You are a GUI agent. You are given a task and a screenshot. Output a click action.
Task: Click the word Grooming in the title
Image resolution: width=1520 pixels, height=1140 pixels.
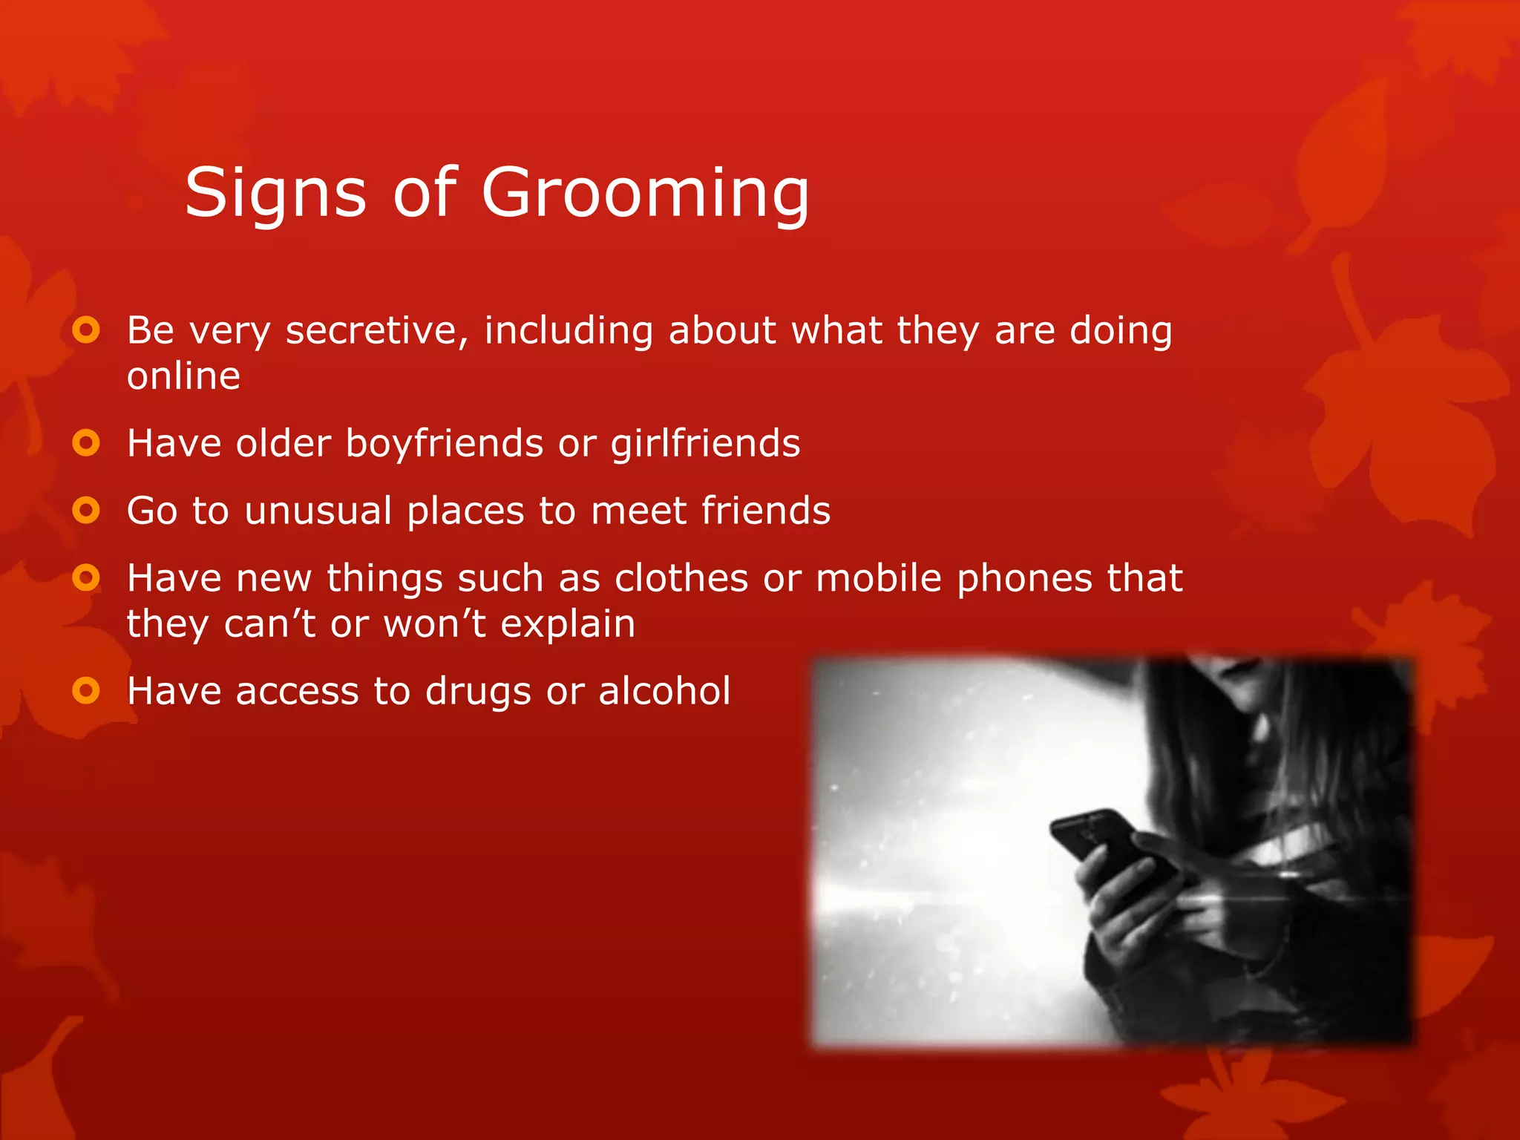(x=645, y=194)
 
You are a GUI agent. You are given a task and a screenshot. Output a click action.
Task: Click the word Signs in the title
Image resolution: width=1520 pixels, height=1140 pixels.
(x=275, y=194)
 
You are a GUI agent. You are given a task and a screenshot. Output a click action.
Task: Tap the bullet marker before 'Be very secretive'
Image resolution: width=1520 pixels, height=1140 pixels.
(x=86, y=330)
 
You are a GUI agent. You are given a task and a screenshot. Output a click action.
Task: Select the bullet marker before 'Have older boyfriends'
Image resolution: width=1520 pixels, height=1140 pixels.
(x=86, y=444)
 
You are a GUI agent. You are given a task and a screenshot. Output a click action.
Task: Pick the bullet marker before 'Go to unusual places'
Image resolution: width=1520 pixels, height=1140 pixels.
(x=86, y=511)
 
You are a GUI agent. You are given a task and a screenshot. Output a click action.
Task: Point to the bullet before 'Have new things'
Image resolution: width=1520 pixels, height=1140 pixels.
(x=86, y=577)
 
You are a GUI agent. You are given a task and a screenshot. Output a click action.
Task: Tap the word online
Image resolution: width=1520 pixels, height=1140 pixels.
(x=183, y=376)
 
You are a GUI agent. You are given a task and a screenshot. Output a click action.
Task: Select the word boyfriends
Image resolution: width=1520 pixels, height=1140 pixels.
(x=445, y=445)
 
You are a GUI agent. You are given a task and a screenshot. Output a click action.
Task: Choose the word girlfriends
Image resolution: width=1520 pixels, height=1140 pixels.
(x=705, y=445)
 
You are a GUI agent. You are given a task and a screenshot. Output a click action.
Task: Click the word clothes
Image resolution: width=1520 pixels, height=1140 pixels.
(x=681, y=579)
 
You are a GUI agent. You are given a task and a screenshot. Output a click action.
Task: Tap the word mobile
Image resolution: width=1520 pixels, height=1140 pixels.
(x=878, y=579)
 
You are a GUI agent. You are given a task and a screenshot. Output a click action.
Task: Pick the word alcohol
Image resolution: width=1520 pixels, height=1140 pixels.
(x=664, y=692)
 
